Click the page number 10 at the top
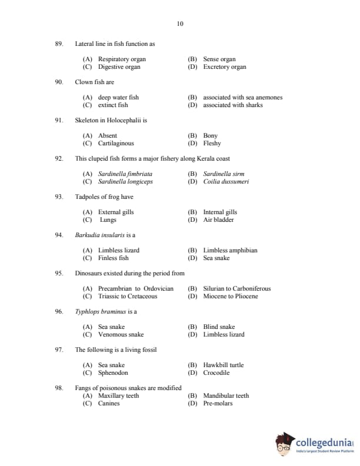click(180, 24)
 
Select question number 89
click(59, 44)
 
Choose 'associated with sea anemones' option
click(242, 98)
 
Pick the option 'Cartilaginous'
click(116, 144)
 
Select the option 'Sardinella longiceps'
click(125, 182)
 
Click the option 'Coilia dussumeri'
click(226, 182)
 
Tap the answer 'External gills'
click(116, 212)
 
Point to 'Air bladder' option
click(218, 220)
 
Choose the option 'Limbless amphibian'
click(230, 251)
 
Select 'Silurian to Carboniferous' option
click(236, 289)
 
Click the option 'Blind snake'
click(219, 327)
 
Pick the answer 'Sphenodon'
click(113, 373)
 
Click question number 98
click(59, 388)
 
